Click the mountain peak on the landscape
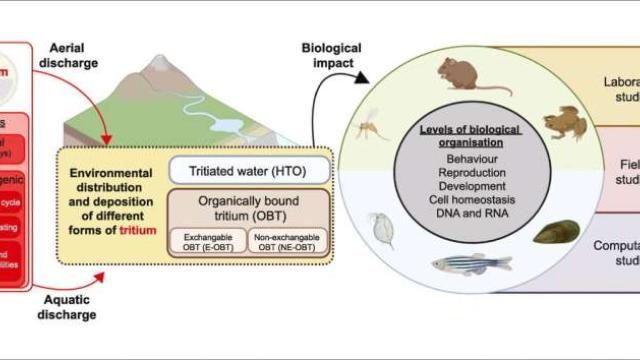[x=156, y=60]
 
